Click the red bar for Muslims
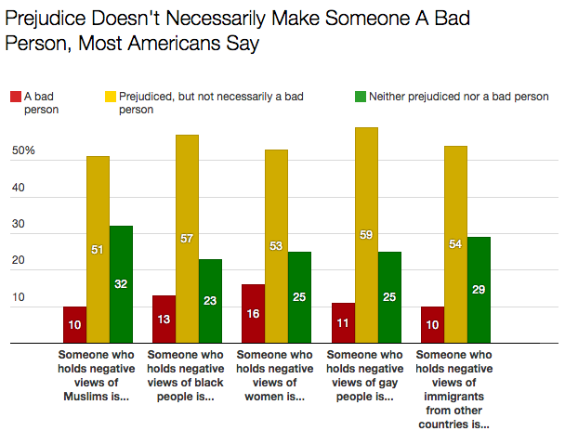pos(75,324)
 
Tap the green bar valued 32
pos(121,284)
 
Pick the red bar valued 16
pos(254,313)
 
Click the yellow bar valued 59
pos(366,235)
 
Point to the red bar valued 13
pos(164,319)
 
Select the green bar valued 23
pos(211,301)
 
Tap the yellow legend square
pos(110,96)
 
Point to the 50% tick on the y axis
pos(23,150)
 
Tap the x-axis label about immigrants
pos(454,389)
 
